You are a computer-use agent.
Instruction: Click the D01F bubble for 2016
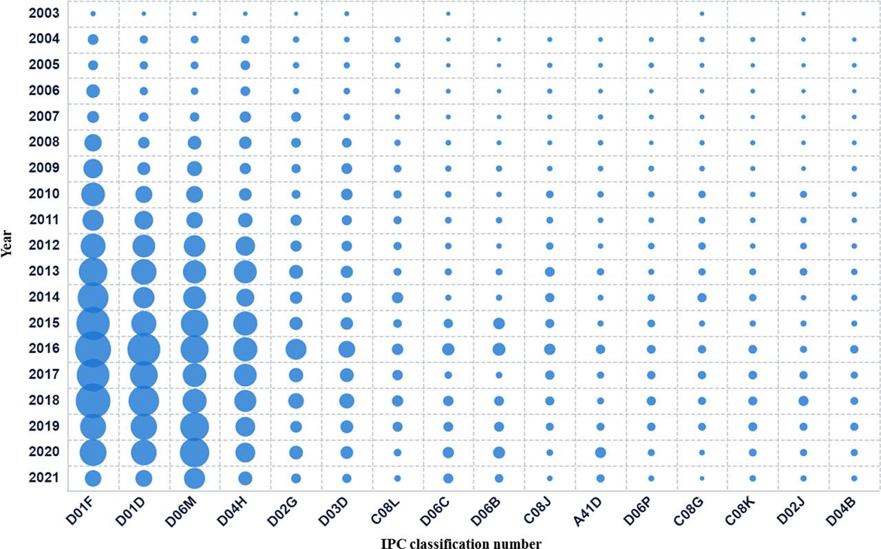(x=93, y=349)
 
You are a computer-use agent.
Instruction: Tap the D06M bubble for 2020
(x=195, y=453)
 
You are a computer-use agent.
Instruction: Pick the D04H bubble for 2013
(x=245, y=272)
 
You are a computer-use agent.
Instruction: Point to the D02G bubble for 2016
(x=296, y=349)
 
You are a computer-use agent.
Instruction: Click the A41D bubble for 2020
(x=600, y=453)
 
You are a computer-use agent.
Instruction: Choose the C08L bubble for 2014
(x=397, y=298)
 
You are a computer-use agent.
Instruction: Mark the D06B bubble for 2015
(x=499, y=323)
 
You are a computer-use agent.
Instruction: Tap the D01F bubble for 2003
(x=93, y=14)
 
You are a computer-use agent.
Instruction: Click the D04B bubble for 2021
(x=854, y=478)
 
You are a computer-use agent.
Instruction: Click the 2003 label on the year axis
(x=43, y=13)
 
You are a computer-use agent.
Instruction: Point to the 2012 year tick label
(x=43, y=246)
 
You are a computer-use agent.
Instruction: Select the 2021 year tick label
(x=43, y=477)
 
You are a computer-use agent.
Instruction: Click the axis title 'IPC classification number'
(x=460, y=543)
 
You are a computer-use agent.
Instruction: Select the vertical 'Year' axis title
(x=6, y=244)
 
